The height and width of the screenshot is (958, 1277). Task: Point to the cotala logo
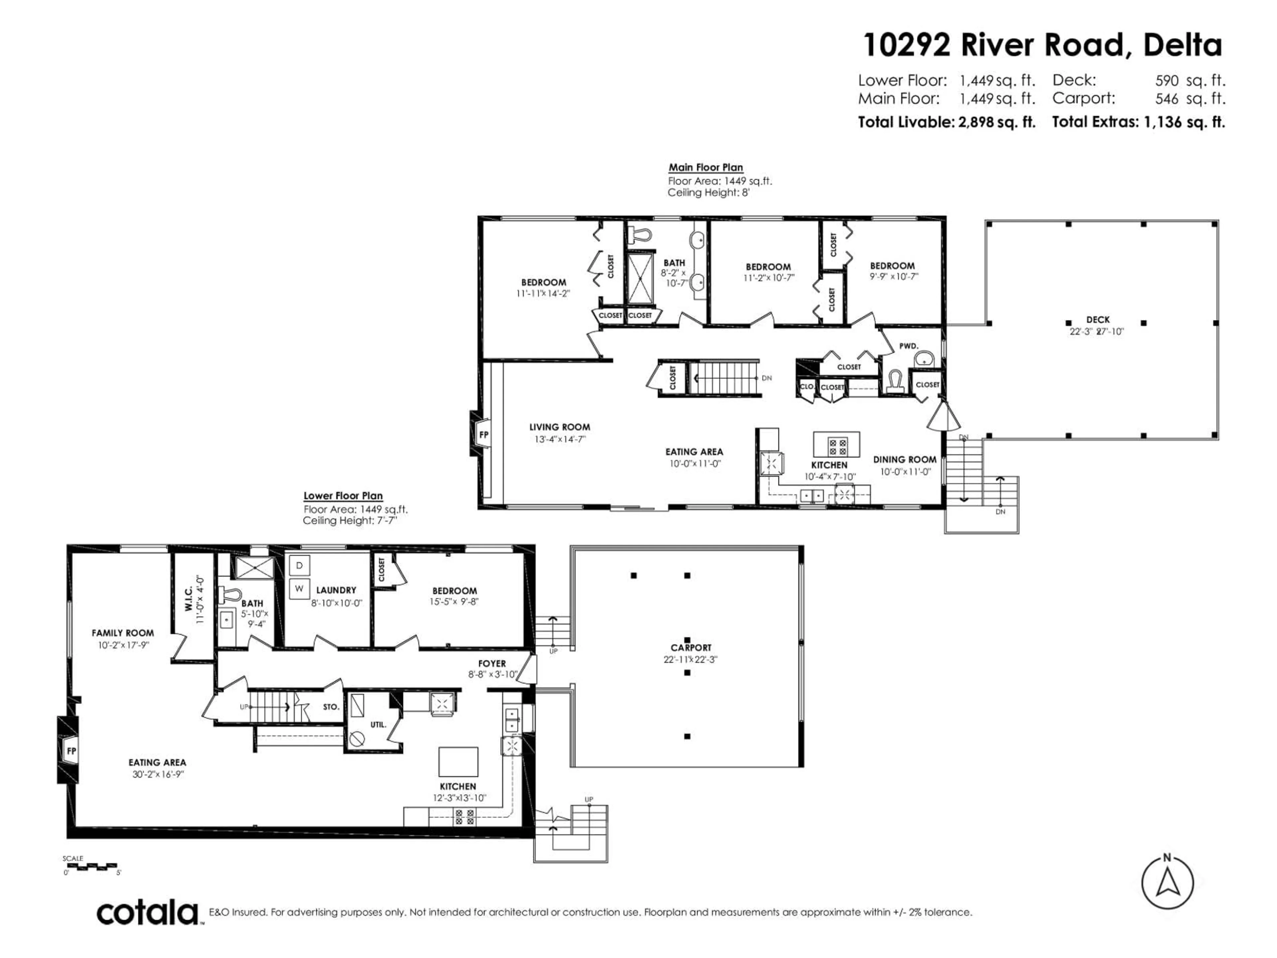coord(148,913)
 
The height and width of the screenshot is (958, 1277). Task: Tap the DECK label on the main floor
coord(1097,319)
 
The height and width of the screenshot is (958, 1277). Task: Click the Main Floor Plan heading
coord(705,167)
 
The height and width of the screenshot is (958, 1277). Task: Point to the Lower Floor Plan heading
coord(343,495)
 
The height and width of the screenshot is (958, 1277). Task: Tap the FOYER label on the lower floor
coord(491,664)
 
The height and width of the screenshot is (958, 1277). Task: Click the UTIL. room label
coord(378,724)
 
